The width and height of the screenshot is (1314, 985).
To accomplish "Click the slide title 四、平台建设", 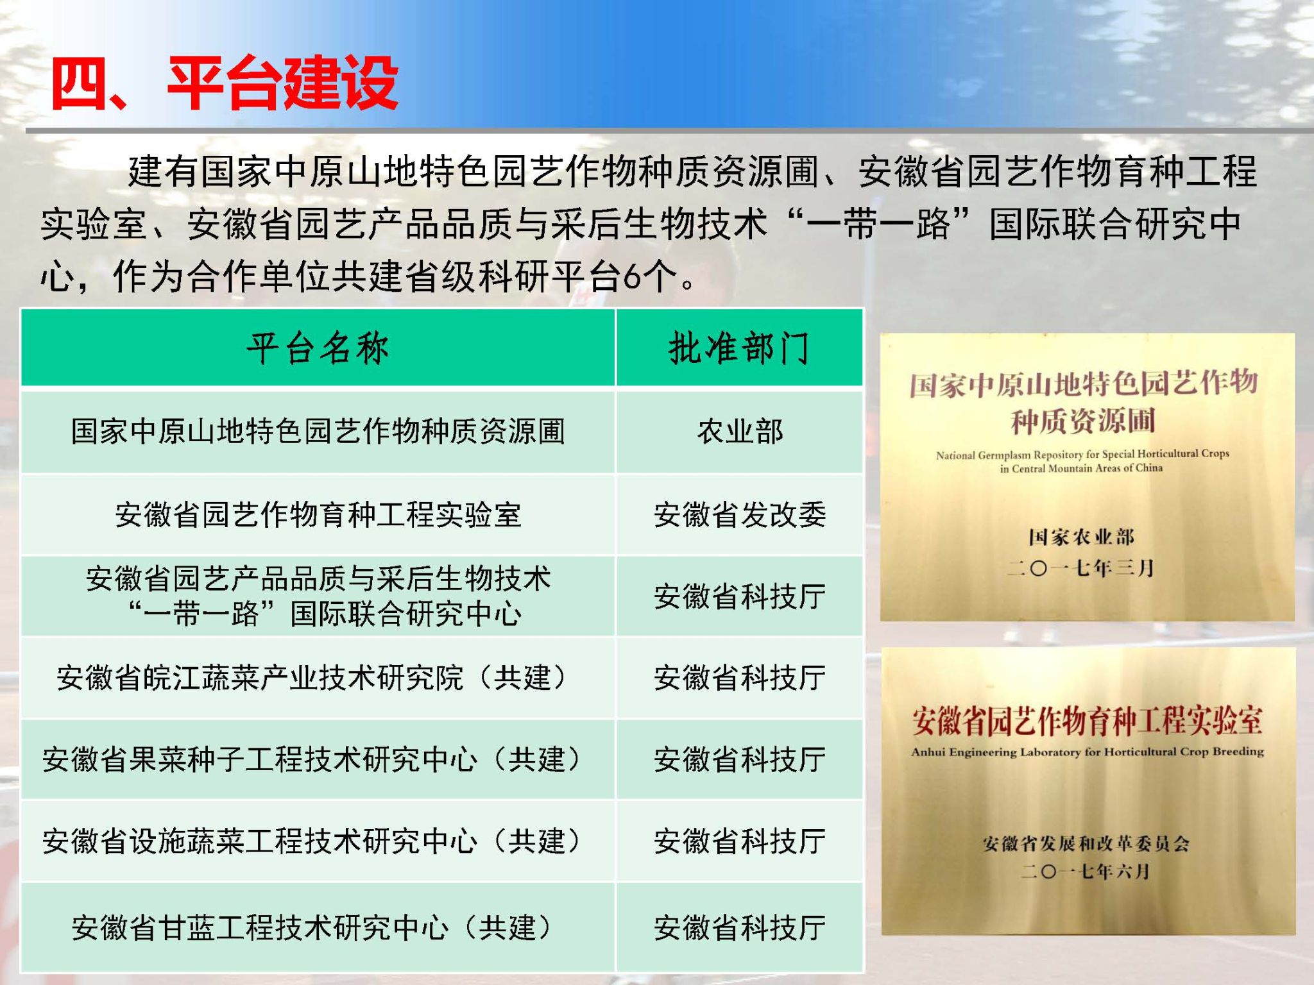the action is pos(225,83).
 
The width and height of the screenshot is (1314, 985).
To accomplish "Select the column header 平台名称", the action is pos(318,349).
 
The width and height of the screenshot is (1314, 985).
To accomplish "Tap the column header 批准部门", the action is pos(739,349).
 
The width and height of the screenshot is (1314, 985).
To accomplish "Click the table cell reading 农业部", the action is pos(740,432).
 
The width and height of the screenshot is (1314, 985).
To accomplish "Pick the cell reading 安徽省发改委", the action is pos(740,514).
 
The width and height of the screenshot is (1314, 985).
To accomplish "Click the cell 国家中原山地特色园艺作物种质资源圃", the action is pos(318,432).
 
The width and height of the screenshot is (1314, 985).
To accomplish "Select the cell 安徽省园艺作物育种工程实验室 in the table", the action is pos(318,514).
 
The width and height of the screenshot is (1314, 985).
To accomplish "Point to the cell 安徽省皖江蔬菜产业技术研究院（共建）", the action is pos(318,678).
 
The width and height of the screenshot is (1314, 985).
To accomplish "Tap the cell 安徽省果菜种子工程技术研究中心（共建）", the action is pos(318,760).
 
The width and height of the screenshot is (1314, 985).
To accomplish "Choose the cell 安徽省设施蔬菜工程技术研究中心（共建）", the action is pos(318,841).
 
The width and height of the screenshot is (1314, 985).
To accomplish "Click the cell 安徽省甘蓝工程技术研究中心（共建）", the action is pos(318,927).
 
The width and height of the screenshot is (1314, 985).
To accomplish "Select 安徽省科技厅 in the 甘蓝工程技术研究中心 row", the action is pos(740,927).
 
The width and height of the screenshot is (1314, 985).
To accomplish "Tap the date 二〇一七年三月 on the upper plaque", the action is pos(1080,568).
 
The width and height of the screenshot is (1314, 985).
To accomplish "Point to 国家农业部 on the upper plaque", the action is pos(1082,537).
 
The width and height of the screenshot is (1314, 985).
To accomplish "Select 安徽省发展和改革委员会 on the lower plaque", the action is pos(1086,843).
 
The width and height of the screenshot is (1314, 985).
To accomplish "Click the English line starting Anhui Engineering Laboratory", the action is pos(1088,752).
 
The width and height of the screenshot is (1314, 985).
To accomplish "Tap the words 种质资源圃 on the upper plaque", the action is pos(1084,421).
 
